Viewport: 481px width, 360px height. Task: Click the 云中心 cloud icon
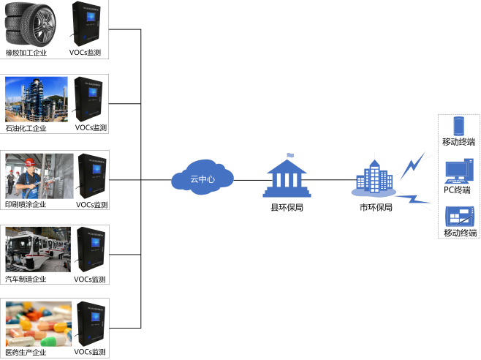tap(202, 178)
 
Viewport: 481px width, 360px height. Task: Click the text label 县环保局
tap(287, 208)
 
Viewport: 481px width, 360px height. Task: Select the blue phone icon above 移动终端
tap(458, 125)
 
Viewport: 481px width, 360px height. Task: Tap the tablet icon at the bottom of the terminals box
tap(459, 217)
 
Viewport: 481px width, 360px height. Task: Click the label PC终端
tap(458, 190)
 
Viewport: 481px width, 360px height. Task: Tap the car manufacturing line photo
tap(37, 250)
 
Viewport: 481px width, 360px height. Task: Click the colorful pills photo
tap(37, 323)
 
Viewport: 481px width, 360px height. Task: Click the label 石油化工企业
tap(26, 128)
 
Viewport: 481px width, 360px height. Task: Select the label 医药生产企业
tap(26, 353)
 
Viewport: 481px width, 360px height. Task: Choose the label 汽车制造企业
tap(26, 279)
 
